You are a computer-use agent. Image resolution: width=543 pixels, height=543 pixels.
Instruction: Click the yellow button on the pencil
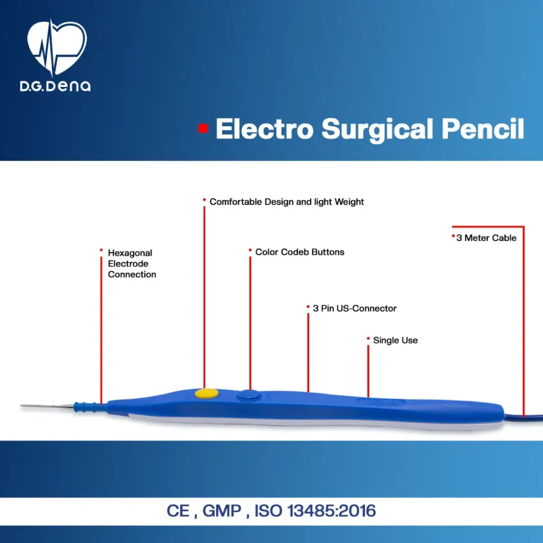tap(207, 394)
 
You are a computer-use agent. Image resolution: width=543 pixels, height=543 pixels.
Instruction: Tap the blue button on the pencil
tap(249, 396)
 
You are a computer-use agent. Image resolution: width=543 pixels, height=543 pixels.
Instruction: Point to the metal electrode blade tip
tap(21, 405)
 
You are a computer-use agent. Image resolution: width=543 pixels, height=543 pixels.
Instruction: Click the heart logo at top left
tap(57, 48)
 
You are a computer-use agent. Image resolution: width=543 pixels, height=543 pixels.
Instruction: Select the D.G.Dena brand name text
tap(55, 86)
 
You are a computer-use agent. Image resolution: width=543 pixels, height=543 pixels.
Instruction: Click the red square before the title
tap(203, 128)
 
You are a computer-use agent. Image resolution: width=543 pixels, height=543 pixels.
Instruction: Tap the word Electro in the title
tap(265, 129)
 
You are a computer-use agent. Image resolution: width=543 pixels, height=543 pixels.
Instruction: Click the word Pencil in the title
tap(483, 129)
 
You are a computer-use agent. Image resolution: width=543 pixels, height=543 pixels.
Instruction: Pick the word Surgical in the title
tap(377, 130)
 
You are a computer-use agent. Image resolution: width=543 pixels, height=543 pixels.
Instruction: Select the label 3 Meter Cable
tap(486, 238)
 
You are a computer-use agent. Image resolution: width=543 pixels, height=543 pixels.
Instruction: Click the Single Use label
tap(396, 340)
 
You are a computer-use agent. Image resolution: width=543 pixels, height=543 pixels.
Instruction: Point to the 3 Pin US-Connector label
tap(355, 308)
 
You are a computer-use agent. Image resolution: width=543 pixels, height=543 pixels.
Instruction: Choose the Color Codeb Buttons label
tap(300, 252)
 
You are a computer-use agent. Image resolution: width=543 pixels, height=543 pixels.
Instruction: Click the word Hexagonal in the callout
tap(130, 253)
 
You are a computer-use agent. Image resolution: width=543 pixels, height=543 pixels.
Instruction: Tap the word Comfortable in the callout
tap(236, 202)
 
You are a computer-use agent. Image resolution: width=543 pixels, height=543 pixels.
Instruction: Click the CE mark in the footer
tap(178, 511)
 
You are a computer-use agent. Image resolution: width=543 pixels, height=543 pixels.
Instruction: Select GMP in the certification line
tap(222, 511)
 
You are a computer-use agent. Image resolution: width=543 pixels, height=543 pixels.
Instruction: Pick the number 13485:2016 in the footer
tap(331, 511)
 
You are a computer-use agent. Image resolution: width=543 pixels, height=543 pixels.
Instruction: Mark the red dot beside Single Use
tap(368, 338)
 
